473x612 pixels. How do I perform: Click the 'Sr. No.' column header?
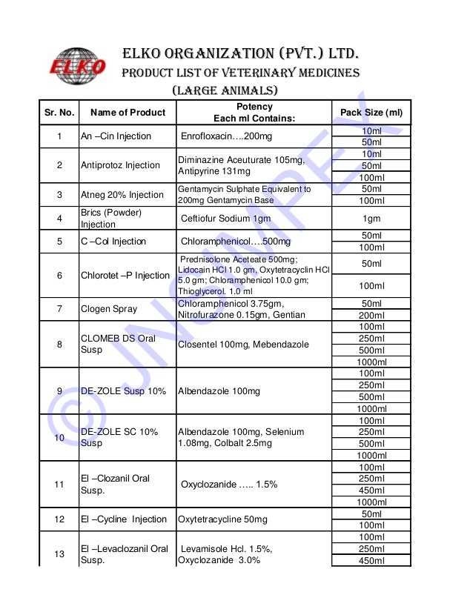(x=59, y=113)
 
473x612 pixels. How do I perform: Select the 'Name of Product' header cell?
(x=128, y=113)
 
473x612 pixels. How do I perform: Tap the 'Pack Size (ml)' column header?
(x=371, y=113)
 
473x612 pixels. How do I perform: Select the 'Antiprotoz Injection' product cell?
(x=120, y=165)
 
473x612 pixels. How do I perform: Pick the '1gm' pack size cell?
(x=371, y=219)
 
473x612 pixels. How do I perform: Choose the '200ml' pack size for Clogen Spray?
(x=371, y=315)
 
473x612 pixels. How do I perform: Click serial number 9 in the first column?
(x=59, y=391)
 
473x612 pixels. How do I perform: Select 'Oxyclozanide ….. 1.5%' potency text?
(x=229, y=485)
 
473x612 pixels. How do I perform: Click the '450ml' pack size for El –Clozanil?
(x=371, y=490)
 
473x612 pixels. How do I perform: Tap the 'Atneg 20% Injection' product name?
(x=122, y=195)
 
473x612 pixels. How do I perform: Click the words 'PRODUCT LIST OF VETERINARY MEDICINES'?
(x=240, y=73)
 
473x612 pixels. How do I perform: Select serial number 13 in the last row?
(x=59, y=554)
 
